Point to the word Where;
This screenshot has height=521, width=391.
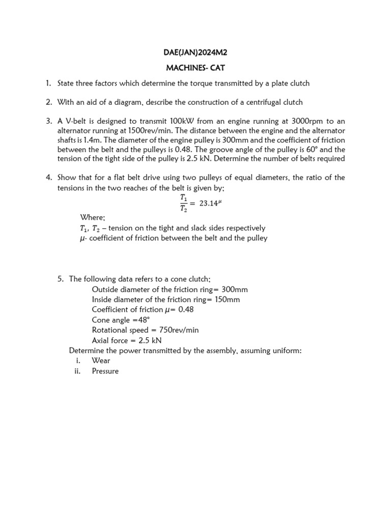[x=92, y=217]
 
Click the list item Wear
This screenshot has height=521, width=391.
[x=101, y=360]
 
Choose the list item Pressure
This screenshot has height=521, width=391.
[x=105, y=371]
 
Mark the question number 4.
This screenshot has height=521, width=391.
[x=48, y=178]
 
